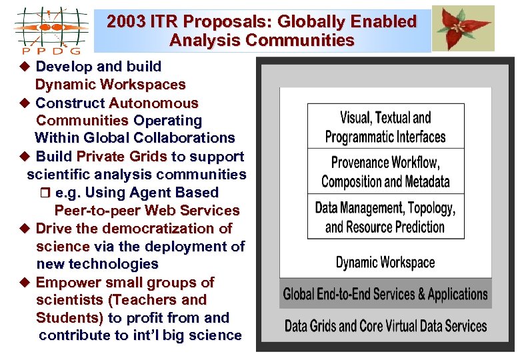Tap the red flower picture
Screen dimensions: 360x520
pos(463,28)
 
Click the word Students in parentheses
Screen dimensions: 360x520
pos(69,317)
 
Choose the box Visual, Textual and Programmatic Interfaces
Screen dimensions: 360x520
pos(385,127)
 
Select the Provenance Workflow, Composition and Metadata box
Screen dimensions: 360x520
pos(385,171)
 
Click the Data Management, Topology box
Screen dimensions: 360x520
pos(385,217)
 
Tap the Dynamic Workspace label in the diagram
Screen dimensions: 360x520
pos(385,262)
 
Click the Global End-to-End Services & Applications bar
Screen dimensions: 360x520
pos(385,294)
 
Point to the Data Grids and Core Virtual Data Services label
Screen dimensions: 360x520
pos(385,326)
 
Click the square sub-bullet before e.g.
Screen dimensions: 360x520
pos(47,193)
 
